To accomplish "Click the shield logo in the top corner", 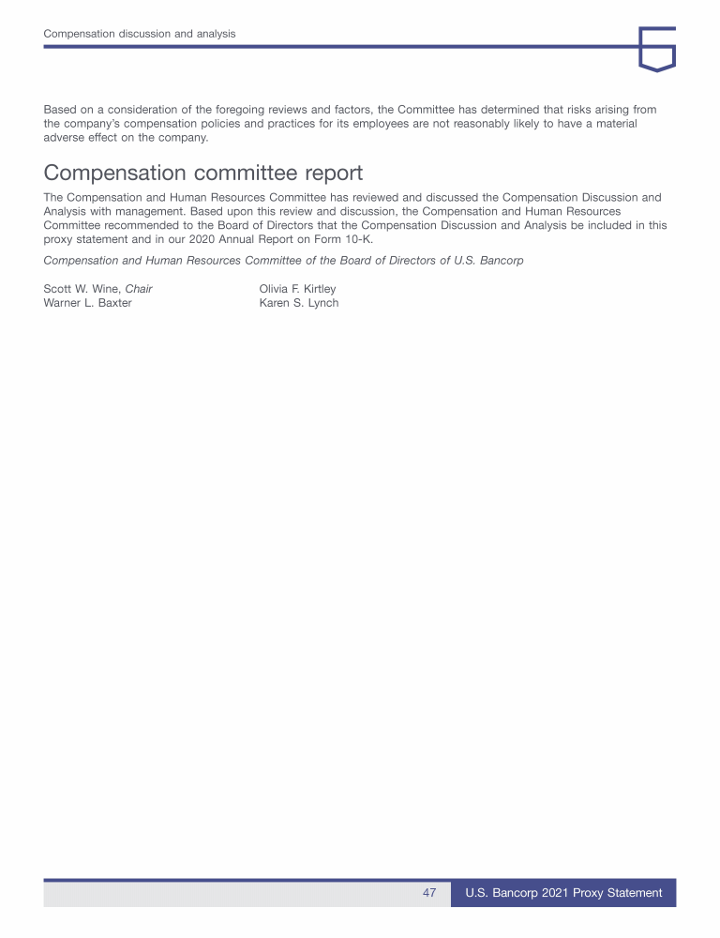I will [x=656, y=49].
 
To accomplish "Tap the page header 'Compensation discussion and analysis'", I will [x=140, y=34].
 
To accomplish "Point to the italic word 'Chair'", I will [x=139, y=289].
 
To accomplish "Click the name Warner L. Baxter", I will [x=87, y=303].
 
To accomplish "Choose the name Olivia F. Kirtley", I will [x=297, y=289].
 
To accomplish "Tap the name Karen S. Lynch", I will [x=298, y=303].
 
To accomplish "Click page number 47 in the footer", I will [x=429, y=893].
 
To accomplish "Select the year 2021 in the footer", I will [x=556, y=893].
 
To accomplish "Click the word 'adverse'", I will [x=66, y=138].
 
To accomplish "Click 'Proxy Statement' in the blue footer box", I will [x=620, y=893].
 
